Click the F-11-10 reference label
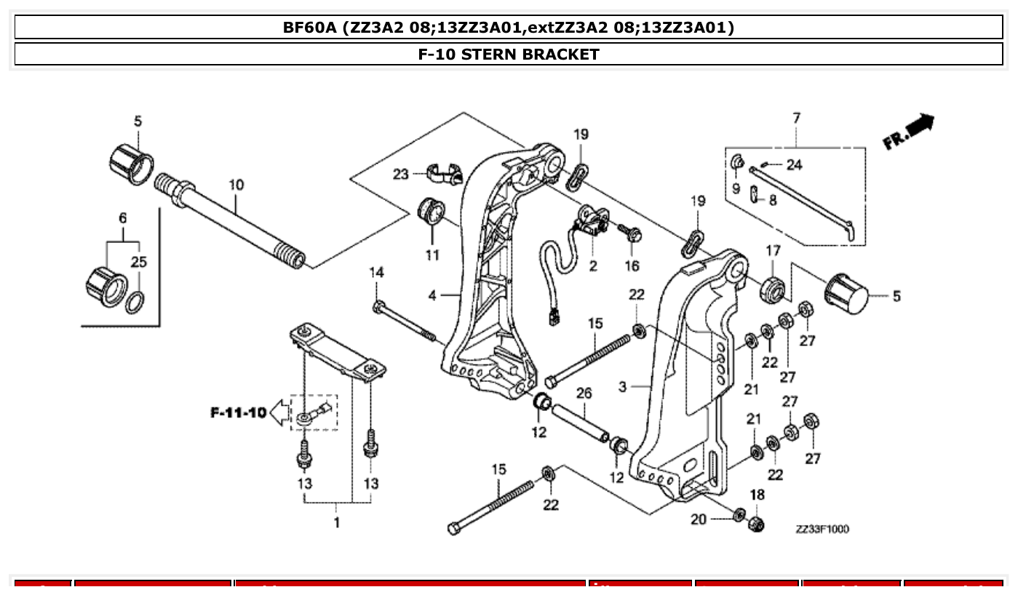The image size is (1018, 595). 238,413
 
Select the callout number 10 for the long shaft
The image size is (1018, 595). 236,185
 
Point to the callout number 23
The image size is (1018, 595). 401,174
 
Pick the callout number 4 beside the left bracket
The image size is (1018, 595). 432,295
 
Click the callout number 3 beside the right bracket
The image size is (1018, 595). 622,387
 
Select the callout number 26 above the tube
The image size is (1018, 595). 584,394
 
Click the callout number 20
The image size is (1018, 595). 699,519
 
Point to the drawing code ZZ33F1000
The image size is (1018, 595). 822,529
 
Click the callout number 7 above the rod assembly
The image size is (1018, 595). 796,117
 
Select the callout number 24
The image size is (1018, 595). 794,165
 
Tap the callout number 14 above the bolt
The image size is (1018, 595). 376,272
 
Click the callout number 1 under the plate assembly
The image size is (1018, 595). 336,522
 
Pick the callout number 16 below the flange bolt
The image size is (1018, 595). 632,266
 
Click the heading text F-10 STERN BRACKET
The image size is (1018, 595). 509,54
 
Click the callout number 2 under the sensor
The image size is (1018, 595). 593,266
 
